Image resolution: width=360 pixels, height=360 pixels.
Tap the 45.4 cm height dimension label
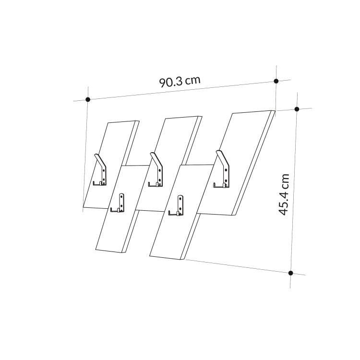[x=284, y=194]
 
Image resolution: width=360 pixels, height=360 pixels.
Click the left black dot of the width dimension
[x=88, y=99]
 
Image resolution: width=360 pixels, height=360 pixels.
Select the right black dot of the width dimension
[x=276, y=81]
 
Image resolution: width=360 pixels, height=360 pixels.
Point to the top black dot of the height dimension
[x=297, y=109]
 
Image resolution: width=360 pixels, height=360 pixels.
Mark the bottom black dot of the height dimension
[x=291, y=273]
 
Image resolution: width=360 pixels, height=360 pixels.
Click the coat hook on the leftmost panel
[x=100, y=169]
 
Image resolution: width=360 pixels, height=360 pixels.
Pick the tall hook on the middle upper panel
[x=156, y=169]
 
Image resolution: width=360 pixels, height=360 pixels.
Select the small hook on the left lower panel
[x=118, y=203]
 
